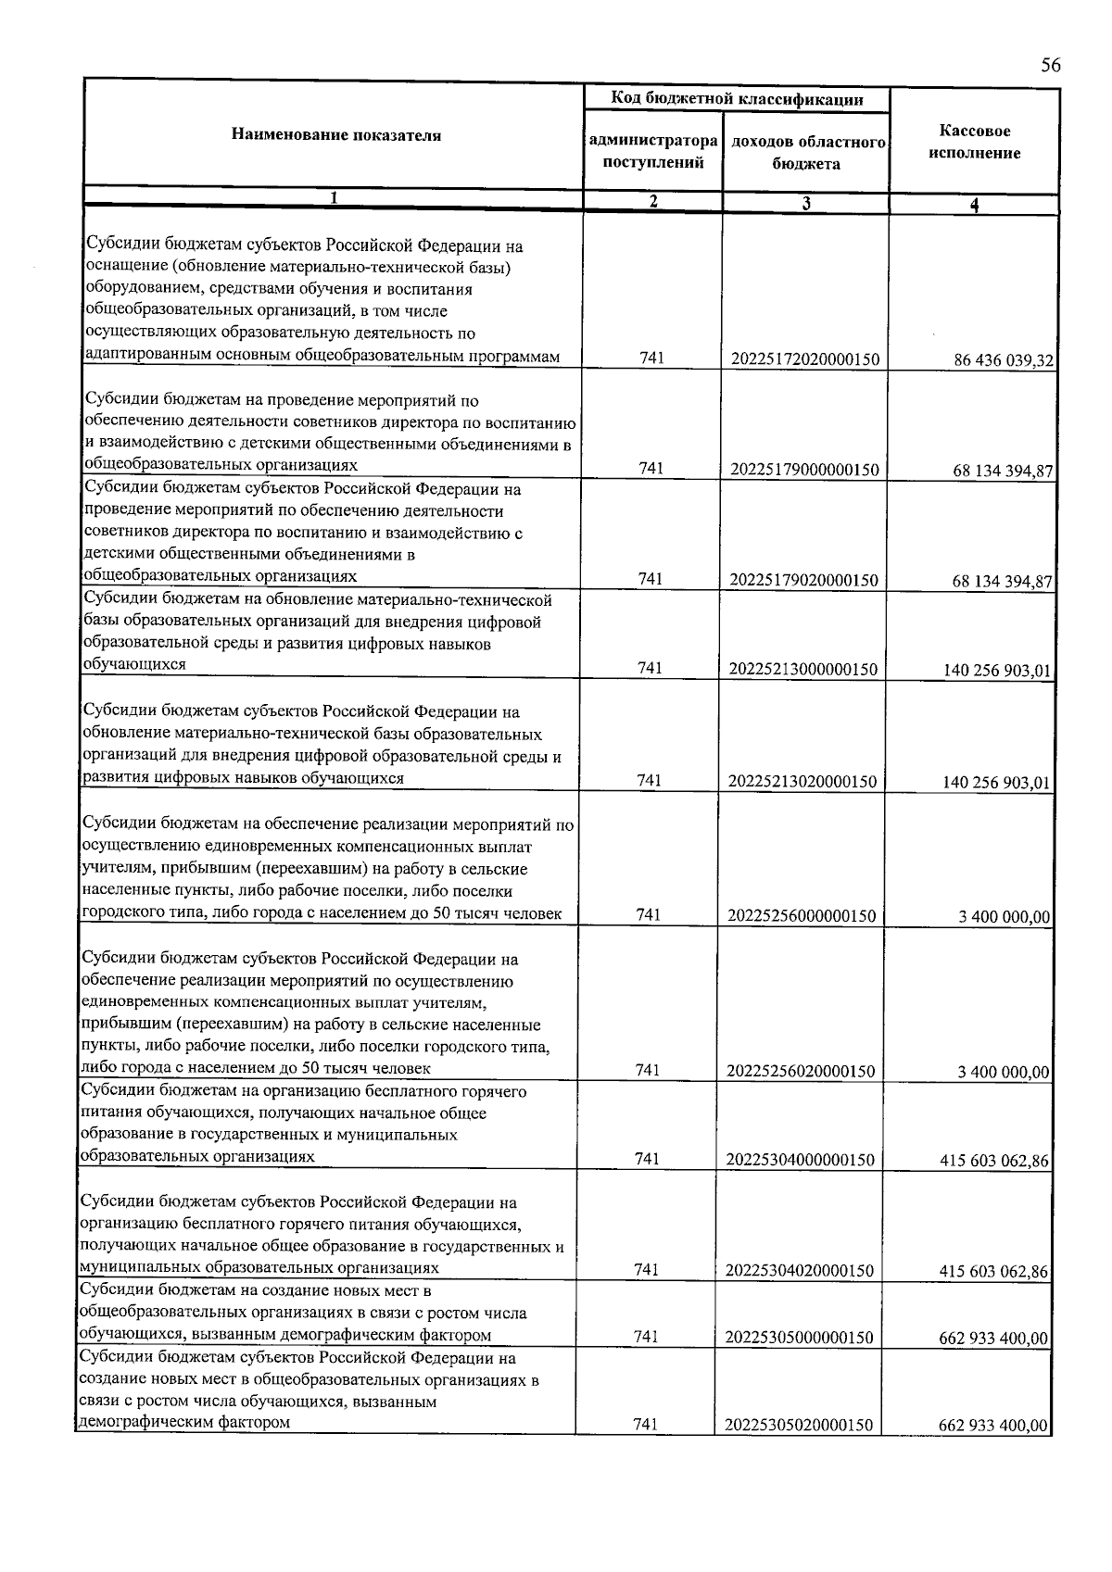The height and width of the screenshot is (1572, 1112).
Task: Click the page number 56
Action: tap(1050, 65)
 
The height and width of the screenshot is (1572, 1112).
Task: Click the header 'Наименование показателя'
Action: tap(336, 135)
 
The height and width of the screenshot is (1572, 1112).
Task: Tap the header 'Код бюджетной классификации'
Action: tap(738, 99)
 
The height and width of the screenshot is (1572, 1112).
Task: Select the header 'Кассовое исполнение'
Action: tap(974, 143)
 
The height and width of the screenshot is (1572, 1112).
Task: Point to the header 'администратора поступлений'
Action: tap(653, 152)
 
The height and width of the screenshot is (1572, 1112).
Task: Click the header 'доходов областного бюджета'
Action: tap(806, 153)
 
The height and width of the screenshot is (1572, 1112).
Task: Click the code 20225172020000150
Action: tap(804, 359)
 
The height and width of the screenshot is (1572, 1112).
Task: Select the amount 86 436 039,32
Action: tap(1003, 360)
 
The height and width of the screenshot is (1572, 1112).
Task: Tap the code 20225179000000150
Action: tap(804, 470)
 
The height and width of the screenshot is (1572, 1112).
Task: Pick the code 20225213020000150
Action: tap(802, 782)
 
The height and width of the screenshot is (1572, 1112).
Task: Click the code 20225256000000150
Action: tap(802, 916)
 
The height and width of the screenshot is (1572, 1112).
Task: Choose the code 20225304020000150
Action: tap(801, 1271)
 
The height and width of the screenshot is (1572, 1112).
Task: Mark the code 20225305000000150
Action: tap(801, 1338)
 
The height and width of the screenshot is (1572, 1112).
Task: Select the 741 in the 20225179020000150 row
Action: tap(651, 580)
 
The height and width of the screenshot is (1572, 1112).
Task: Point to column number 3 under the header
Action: tap(806, 204)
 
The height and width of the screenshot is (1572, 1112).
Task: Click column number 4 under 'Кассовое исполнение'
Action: tap(974, 206)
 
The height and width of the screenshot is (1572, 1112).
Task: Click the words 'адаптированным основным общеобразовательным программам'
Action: tap(322, 355)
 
